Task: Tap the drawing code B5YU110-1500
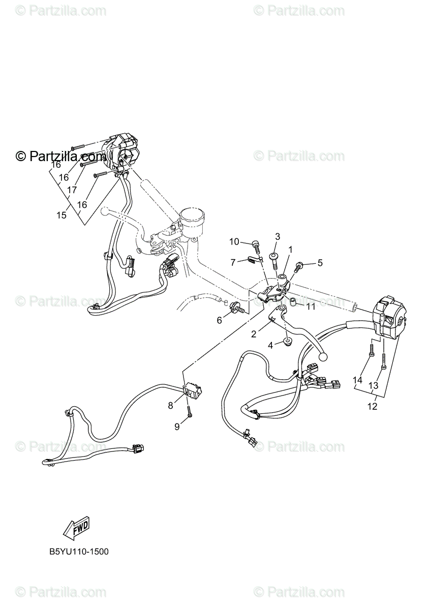pyautogui.click(x=79, y=551)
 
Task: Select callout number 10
pyautogui.click(x=234, y=241)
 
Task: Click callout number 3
pyautogui.click(x=278, y=236)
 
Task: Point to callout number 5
pyautogui.click(x=320, y=263)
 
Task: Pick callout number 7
pyautogui.click(x=233, y=262)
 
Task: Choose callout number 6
pyautogui.click(x=220, y=320)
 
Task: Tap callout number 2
pyautogui.click(x=253, y=334)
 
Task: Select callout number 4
pyautogui.click(x=271, y=345)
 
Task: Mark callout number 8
pyautogui.click(x=170, y=405)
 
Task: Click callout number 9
pyautogui.click(x=177, y=427)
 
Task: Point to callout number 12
pyautogui.click(x=373, y=406)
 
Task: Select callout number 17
pyautogui.click(x=72, y=190)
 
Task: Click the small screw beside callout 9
pyautogui.click(x=189, y=413)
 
